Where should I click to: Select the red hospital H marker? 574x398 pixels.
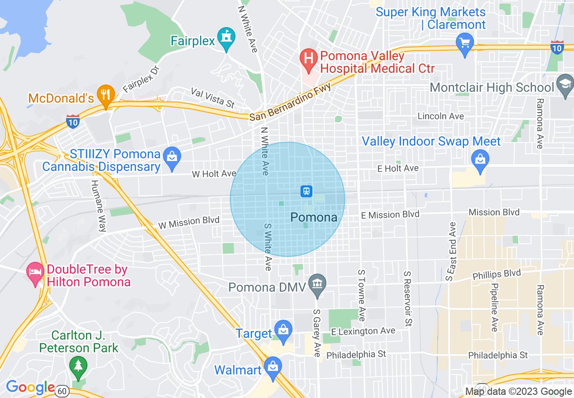coord(309,59)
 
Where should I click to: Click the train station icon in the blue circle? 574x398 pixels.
coord(306,191)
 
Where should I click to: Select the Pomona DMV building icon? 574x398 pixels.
coord(317,284)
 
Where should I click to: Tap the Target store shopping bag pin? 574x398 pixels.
coord(283,329)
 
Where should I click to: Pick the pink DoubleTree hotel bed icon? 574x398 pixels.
coord(35,272)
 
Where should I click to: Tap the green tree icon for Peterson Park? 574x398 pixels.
coord(78,365)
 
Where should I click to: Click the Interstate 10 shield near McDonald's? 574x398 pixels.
coord(72,121)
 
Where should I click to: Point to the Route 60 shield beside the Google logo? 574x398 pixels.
coord(62,391)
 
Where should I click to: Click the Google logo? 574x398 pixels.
coord(30,388)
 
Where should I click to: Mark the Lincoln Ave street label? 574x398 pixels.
coord(440,116)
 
